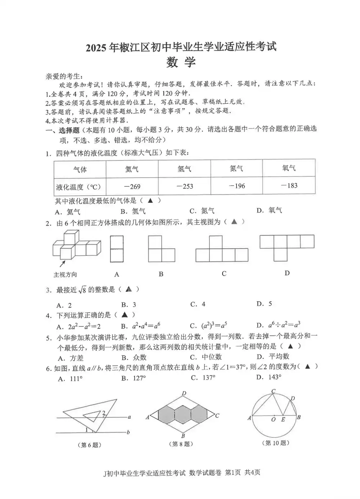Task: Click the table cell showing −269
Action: tap(132, 187)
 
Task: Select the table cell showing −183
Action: tap(289, 186)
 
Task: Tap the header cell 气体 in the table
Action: tap(80, 169)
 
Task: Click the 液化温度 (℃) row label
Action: tap(79, 187)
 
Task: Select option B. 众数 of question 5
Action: tap(134, 357)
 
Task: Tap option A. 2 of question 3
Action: tap(64, 306)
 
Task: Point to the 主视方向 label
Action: tap(65, 275)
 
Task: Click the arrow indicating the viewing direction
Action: tap(62, 264)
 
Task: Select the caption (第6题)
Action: tap(89, 445)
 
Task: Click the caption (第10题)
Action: tap(276, 443)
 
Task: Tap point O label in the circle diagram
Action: tap(273, 419)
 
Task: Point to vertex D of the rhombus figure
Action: tap(184, 393)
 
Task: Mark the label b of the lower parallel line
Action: tap(128, 432)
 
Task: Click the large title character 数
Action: tap(172, 63)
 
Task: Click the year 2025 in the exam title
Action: tap(97, 48)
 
